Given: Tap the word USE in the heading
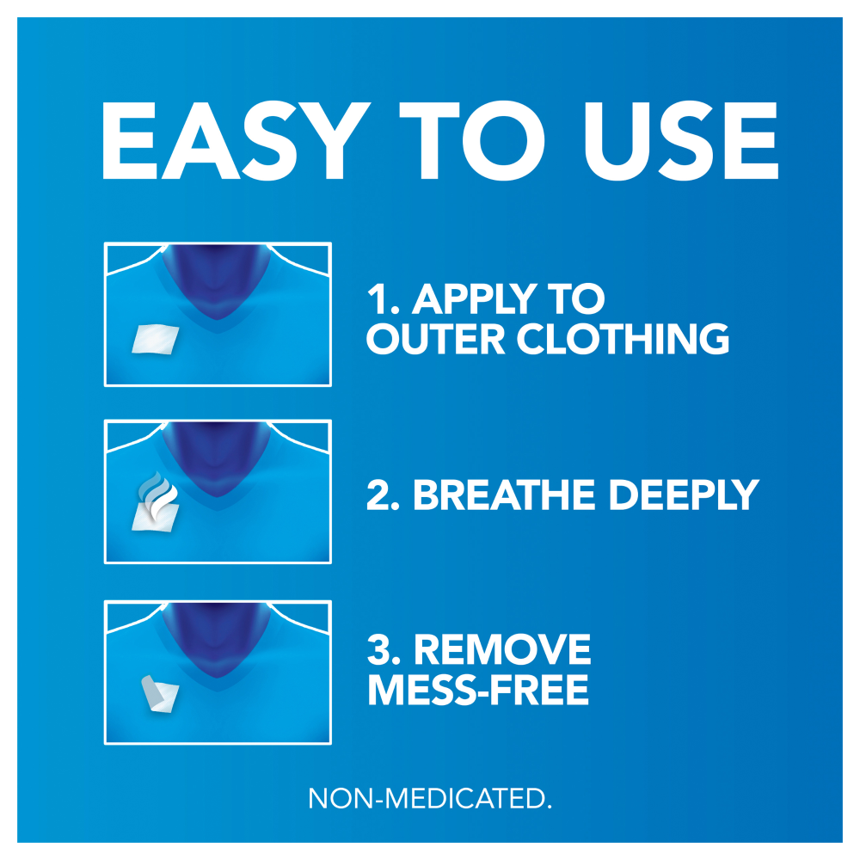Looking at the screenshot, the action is point(681,141).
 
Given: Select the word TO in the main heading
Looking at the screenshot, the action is point(471,141).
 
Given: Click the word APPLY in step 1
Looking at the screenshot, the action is point(475,299).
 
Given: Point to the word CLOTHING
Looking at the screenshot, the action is point(623,338).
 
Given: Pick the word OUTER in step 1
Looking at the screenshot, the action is point(435,338).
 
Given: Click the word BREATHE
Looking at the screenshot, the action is point(504,494).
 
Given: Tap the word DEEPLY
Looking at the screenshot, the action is point(684,495).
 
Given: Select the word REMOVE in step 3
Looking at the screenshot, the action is point(502,649).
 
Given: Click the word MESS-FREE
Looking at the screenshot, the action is point(478,690).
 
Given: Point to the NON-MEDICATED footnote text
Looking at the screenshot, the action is point(430,798).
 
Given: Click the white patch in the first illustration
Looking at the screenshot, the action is point(156,339).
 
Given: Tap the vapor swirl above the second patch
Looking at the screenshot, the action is point(158,494).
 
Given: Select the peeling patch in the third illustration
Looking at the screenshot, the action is point(160,693).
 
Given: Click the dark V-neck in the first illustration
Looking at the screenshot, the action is point(218,279).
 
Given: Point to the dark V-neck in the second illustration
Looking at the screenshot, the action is point(218,458).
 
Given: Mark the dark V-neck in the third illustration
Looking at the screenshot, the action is point(218,638).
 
